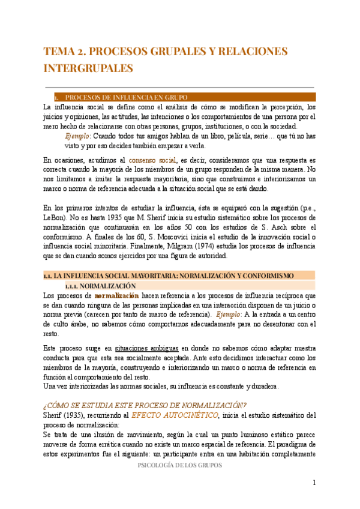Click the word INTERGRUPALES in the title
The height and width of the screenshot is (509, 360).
click(x=88, y=68)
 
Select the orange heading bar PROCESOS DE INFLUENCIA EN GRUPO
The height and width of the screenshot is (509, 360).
click(x=180, y=97)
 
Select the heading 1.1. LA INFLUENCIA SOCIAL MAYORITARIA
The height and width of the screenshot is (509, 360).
click(x=168, y=276)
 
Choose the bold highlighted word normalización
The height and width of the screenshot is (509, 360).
click(x=116, y=296)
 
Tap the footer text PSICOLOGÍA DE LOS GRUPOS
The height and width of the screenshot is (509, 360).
click(x=180, y=466)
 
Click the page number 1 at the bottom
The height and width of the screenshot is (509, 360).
click(x=314, y=483)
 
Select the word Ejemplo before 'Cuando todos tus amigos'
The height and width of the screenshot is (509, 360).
click(x=76, y=136)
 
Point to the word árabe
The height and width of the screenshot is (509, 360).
click(x=80, y=324)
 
